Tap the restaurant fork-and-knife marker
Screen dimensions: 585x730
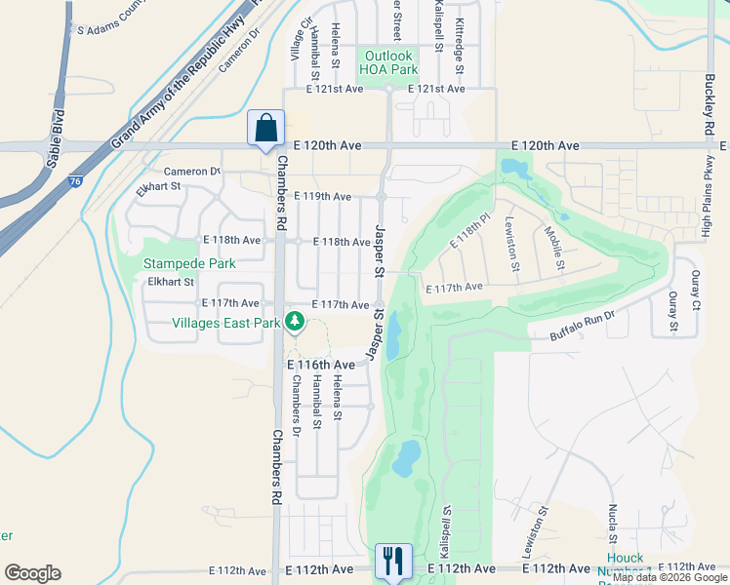point(392,562)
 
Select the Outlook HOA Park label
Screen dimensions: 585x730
point(387,62)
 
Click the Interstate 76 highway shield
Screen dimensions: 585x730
point(75,179)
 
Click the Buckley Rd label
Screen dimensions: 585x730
point(709,107)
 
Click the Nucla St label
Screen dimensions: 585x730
point(612,526)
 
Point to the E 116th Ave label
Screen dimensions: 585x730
point(320,364)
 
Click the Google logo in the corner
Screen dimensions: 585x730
point(32,573)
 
